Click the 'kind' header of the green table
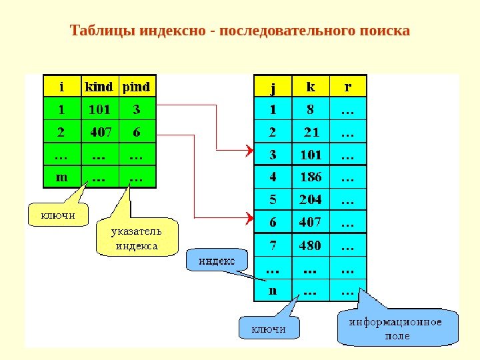(98, 87)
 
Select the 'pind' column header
(137, 87)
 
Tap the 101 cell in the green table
(98, 109)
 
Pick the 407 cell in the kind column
(100, 132)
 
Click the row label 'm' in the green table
(62, 177)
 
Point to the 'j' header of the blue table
(273, 87)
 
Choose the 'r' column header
(347, 87)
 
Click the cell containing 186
(310, 178)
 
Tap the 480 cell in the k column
(310, 245)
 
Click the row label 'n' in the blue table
(273, 291)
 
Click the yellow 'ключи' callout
(58, 215)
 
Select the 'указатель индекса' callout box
(137, 239)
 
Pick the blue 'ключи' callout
(269, 329)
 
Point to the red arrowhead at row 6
(249, 217)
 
